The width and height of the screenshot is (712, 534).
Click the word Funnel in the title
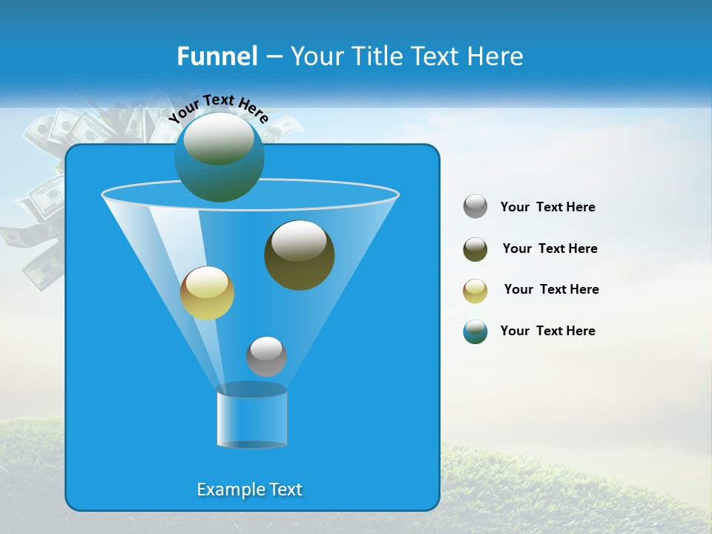(x=217, y=56)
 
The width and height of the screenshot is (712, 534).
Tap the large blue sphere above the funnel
(x=219, y=156)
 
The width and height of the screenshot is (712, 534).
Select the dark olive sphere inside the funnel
(x=299, y=255)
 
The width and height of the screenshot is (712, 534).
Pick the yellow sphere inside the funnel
(x=207, y=293)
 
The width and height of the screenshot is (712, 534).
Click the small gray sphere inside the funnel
(x=266, y=356)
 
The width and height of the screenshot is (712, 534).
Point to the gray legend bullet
(x=475, y=207)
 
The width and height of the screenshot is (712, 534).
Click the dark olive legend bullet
(x=475, y=249)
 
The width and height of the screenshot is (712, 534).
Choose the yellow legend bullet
(x=475, y=291)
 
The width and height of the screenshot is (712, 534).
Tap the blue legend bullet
(x=475, y=332)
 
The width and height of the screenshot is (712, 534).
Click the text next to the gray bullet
(x=547, y=208)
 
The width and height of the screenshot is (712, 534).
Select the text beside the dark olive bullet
(x=550, y=249)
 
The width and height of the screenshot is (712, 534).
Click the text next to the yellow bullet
(x=551, y=290)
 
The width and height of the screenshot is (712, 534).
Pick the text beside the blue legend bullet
(x=547, y=332)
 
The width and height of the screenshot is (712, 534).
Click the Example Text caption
(x=250, y=489)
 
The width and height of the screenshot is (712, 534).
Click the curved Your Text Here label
(x=218, y=108)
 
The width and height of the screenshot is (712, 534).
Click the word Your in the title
(x=315, y=56)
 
